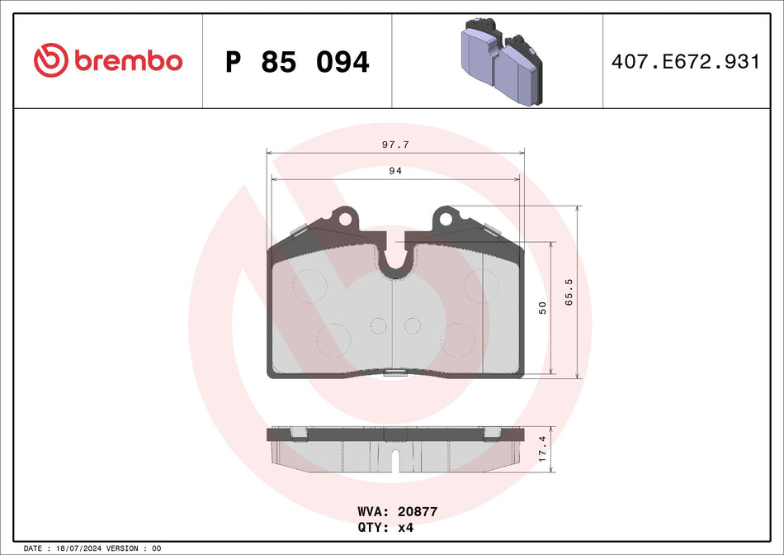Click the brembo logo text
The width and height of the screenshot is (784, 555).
[128, 60]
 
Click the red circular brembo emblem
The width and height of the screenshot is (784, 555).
[50, 60]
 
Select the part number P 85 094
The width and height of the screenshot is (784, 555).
[297, 62]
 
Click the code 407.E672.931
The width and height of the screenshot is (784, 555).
[684, 62]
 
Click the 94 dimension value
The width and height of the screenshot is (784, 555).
[395, 171]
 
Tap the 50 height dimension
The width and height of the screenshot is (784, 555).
[542, 307]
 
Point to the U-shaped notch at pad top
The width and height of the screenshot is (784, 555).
[395, 259]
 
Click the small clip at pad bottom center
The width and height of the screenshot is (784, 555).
[396, 373]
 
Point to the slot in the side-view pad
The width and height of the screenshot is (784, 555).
[395, 459]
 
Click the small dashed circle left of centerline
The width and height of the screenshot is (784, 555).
[378, 325]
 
